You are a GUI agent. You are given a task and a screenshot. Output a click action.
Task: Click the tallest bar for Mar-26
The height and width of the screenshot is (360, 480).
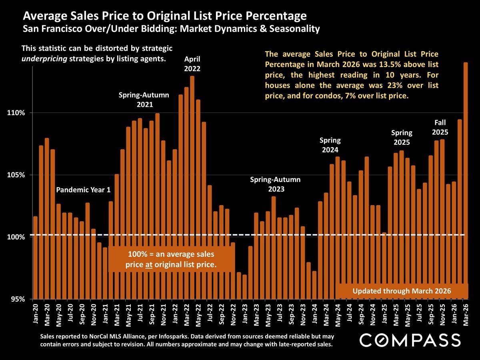click(x=466, y=180)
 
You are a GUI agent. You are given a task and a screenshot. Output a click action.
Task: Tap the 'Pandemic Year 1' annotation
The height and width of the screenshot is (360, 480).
click(x=83, y=190)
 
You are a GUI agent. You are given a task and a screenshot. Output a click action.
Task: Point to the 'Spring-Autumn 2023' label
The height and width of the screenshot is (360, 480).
click(x=275, y=184)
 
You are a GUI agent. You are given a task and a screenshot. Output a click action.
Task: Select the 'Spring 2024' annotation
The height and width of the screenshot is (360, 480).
click(x=330, y=145)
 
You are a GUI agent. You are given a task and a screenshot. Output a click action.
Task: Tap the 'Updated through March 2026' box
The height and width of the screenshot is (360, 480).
click(x=402, y=291)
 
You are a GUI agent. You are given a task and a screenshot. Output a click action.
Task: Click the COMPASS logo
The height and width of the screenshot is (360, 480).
click(x=410, y=340)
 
